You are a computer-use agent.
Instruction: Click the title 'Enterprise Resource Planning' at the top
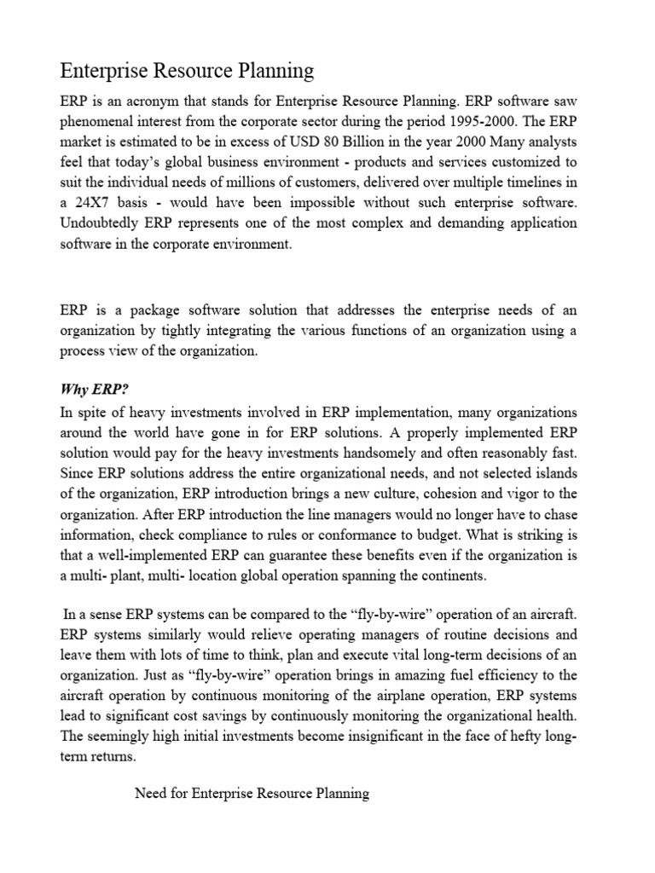point(187,70)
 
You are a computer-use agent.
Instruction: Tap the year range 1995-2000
point(501,120)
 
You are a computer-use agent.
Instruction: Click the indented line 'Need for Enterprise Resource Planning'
point(252,794)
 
